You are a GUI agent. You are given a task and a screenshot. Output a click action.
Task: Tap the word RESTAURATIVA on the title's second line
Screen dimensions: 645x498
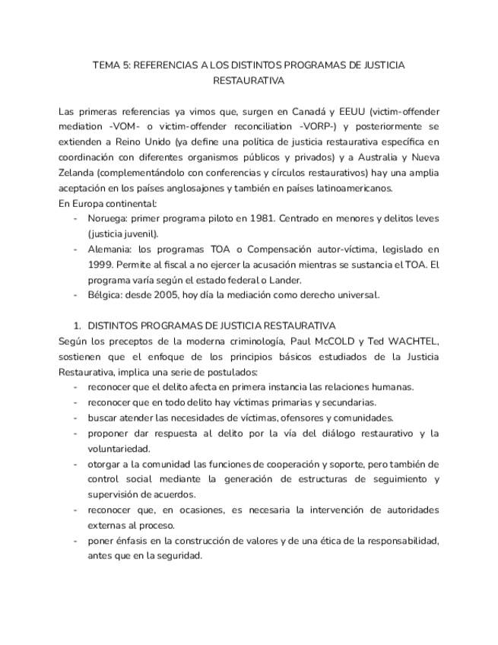[249, 80]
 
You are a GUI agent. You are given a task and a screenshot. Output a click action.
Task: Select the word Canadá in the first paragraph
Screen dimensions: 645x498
[302, 112]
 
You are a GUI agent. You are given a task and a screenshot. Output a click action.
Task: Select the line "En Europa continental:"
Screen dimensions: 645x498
[108, 203]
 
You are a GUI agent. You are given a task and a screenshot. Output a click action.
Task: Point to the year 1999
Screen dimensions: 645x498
[101, 264]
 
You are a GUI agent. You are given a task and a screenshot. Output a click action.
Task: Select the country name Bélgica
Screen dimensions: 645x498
[106, 294]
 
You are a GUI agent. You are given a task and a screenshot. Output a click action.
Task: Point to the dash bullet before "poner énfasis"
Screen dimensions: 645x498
[76, 541]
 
